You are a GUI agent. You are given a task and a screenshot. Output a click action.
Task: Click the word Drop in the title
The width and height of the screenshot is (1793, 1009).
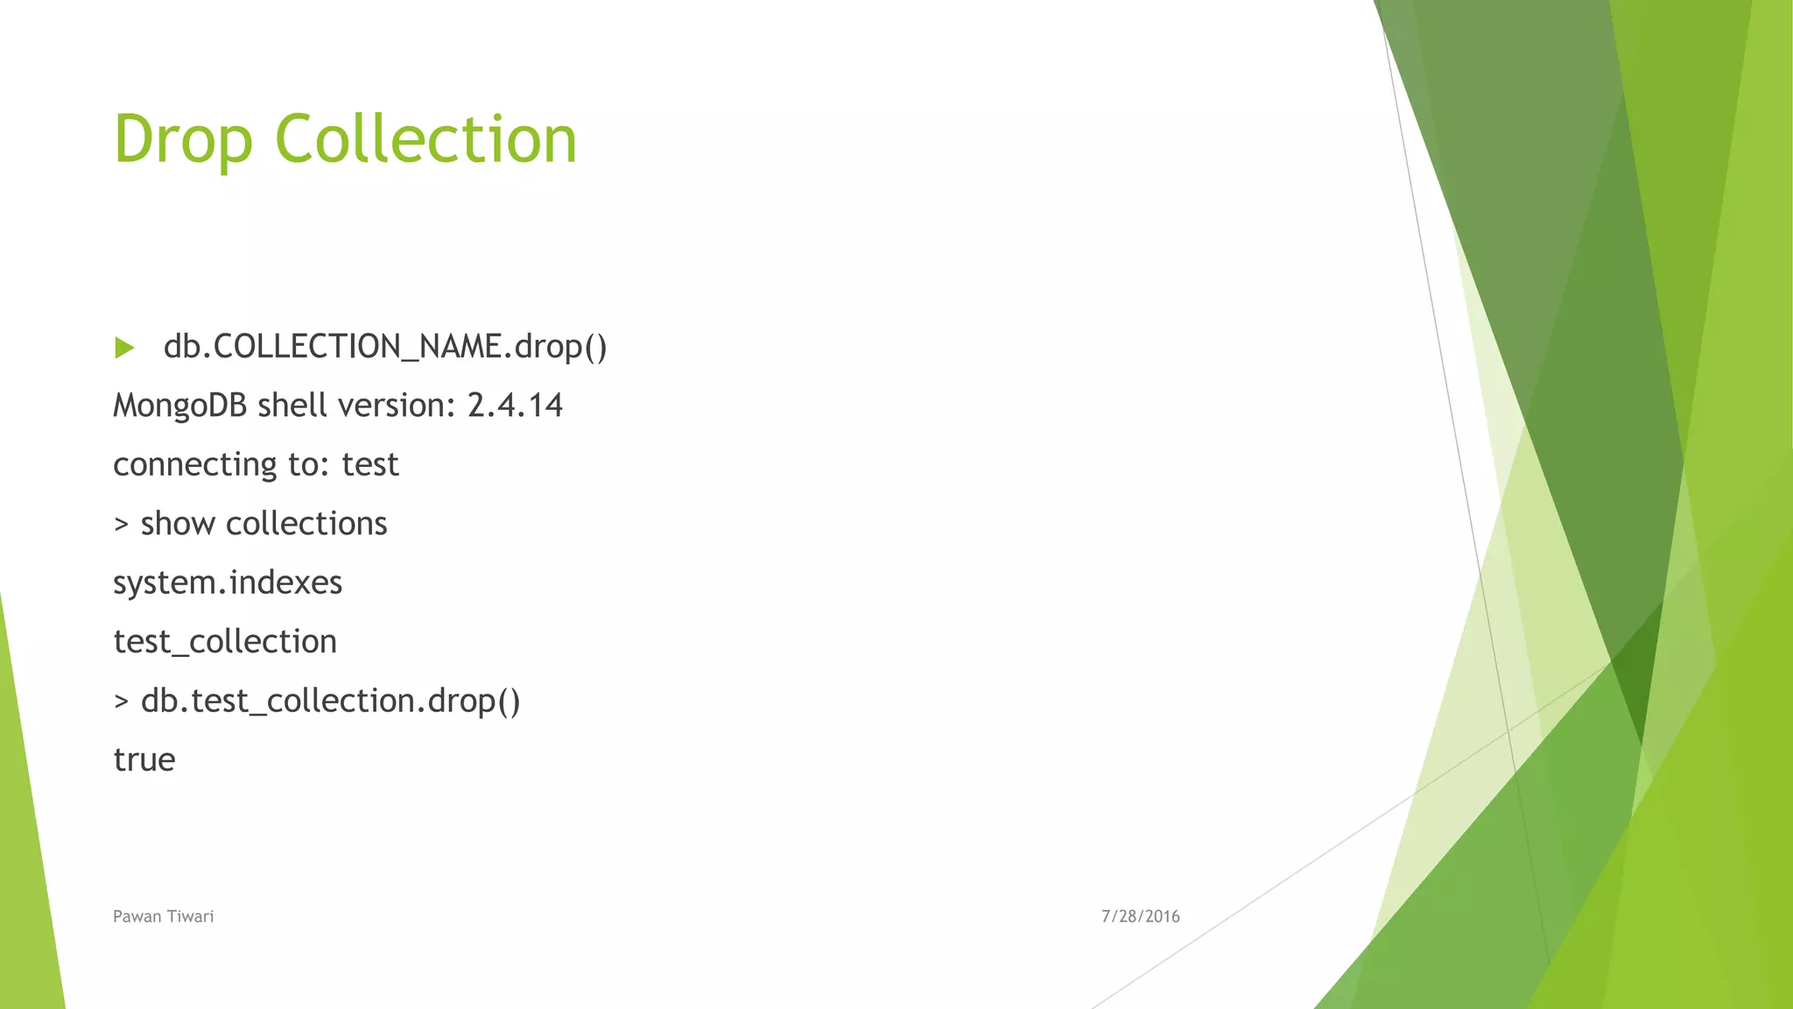[x=183, y=140]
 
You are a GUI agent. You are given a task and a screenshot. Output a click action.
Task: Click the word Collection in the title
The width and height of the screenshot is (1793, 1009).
[x=425, y=140]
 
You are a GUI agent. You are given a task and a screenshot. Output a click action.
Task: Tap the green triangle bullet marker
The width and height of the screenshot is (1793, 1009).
[x=124, y=349]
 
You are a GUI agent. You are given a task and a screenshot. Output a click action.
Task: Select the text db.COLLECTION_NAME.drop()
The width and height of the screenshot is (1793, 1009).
[x=385, y=347]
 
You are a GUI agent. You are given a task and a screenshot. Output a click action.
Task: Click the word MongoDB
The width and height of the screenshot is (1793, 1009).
[x=180, y=406]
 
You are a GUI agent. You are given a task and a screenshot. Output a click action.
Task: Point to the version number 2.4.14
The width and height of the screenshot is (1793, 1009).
[x=515, y=406]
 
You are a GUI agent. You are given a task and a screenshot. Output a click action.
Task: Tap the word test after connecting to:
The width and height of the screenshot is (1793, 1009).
[x=370, y=465]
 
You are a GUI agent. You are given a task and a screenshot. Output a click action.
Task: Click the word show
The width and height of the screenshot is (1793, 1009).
[x=178, y=524]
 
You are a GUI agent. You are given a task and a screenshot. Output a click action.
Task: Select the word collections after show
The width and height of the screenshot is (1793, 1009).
[x=306, y=524]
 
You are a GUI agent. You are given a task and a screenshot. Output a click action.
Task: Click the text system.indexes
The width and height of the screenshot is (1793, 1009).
[x=228, y=582]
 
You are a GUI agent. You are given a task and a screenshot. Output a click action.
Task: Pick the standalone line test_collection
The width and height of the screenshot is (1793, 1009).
[x=225, y=642]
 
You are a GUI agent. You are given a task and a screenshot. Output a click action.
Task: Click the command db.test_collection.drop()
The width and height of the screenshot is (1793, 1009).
[x=330, y=701]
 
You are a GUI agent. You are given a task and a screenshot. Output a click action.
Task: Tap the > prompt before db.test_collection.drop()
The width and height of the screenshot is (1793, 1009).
[x=121, y=702]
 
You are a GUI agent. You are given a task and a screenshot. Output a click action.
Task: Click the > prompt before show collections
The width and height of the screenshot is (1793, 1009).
[x=121, y=525]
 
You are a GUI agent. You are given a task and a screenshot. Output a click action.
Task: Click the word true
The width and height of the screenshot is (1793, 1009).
[x=144, y=759]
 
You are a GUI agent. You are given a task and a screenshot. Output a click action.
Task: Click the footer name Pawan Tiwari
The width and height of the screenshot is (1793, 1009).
[x=163, y=916]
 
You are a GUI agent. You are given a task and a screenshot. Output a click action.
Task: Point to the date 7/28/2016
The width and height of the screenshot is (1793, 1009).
[x=1140, y=916]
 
